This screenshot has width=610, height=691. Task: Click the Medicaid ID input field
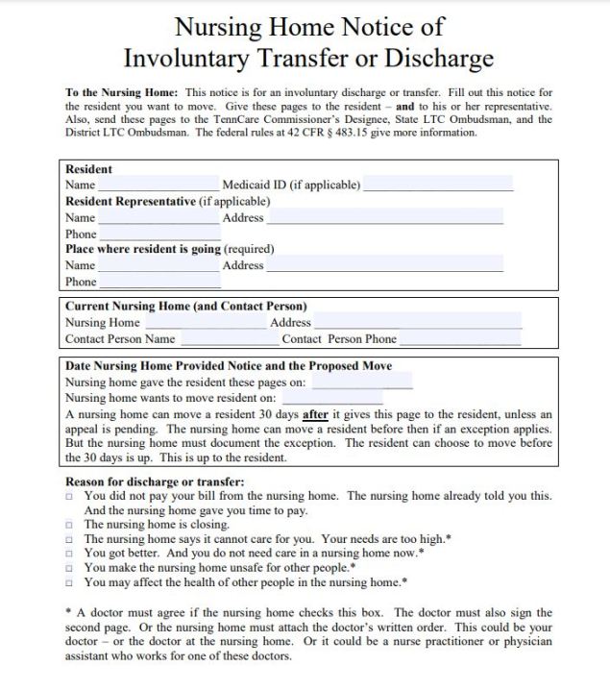(438, 184)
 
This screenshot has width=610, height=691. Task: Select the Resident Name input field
(159, 184)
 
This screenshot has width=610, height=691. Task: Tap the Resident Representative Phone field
(159, 234)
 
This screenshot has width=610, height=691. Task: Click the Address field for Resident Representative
(384, 217)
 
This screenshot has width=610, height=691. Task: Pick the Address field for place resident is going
(384, 264)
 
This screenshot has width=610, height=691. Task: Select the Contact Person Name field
(229, 338)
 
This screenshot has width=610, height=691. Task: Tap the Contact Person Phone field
(460, 338)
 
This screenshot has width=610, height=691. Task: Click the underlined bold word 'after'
(315, 413)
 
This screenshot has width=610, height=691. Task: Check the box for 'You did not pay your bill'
(69, 496)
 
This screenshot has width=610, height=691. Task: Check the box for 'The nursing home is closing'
(69, 525)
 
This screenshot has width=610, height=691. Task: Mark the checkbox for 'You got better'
(69, 554)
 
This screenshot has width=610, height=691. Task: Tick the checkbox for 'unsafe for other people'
(69, 568)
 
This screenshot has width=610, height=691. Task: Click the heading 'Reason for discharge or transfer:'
(154, 481)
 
